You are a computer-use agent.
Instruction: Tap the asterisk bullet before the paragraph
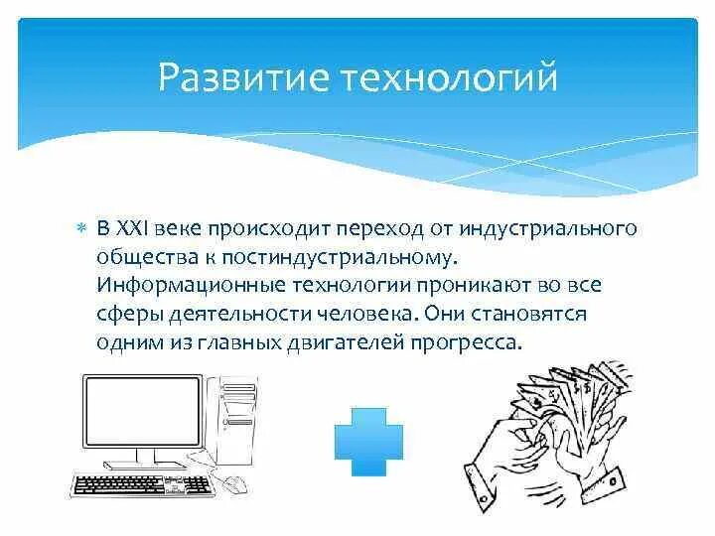coord(82,229)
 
